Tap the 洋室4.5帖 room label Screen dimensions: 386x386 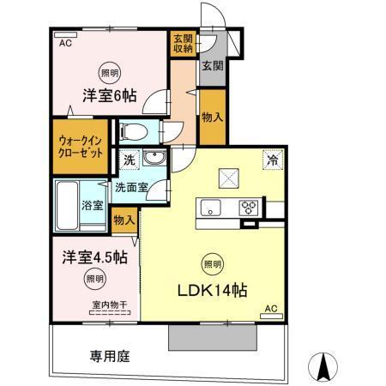point(94,256)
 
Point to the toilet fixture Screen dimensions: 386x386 point(134,131)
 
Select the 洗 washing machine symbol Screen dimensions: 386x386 point(129,159)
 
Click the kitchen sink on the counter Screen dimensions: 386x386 point(212,208)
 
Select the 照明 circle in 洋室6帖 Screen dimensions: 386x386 point(110,73)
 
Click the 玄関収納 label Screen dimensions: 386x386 point(183,43)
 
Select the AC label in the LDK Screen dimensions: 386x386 point(270,308)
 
